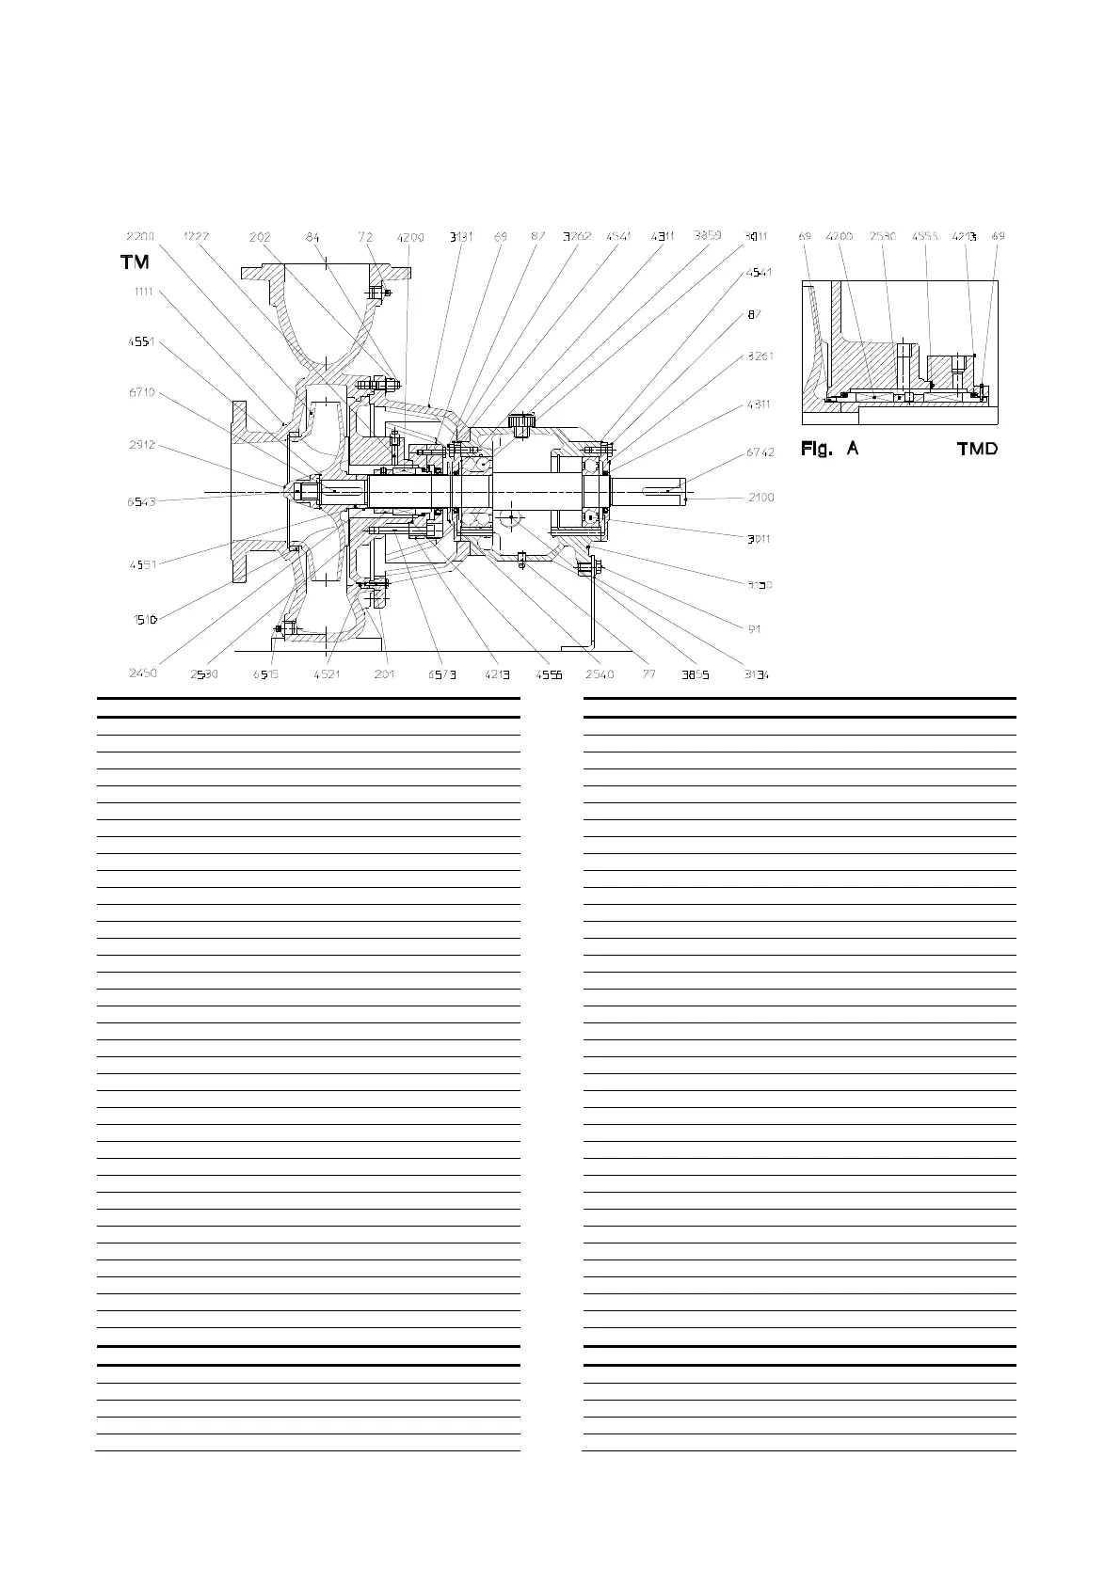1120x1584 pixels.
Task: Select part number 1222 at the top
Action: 196,237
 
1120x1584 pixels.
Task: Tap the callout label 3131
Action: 459,237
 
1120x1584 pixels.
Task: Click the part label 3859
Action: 708,235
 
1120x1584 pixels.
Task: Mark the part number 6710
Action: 141,392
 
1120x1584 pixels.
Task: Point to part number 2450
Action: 145,673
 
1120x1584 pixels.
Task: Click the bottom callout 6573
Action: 441,673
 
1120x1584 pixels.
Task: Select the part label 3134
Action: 756,673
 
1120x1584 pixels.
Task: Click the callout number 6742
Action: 760,452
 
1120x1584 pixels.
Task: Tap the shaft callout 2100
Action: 760,498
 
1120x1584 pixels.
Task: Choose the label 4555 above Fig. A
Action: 925,237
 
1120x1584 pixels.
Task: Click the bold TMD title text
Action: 977,449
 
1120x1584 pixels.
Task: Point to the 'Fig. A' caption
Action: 829,449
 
